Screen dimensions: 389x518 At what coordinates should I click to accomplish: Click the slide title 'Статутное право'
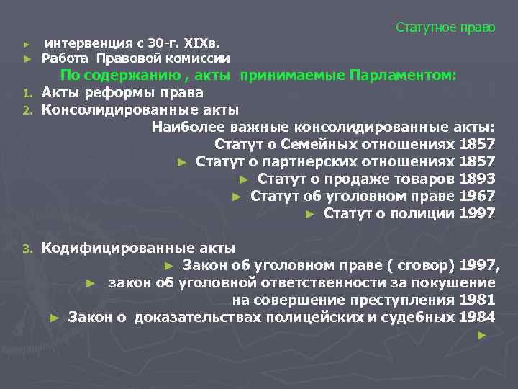pyautogui.click(x=445, y=27)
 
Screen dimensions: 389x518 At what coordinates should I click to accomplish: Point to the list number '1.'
pyautogui.click(x=27, y=94)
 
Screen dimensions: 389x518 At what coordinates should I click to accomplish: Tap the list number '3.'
pyautogui.click(x=27, y=249)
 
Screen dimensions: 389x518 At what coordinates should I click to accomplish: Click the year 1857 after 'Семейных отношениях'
pyautogui.click(x=476, y=144)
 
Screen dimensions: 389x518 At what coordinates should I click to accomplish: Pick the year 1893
pyautogui.click(x=476, y=179)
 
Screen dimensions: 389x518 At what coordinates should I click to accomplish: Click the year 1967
pyautogui.click(x=476, y=196)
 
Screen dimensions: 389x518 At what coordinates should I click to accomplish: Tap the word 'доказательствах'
pyautogui.click(x=191, y=317)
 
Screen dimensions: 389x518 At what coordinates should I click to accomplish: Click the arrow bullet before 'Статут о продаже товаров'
pyautogui.click(x=244, y=179)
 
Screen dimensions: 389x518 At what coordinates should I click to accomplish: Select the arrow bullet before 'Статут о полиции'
pyautogui.click(x=310, y=214)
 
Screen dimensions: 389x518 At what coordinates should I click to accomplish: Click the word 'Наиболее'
pyautogui.click(x=184, y=127)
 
